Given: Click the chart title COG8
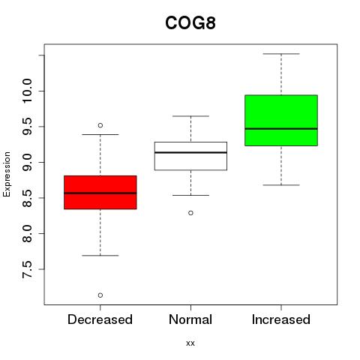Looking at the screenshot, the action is pos(190,22).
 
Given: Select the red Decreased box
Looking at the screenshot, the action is pos(100,192).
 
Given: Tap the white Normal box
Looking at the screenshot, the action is pos(190,156).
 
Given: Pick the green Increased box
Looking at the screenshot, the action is pos(281,120).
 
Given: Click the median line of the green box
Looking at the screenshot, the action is pos(281,129).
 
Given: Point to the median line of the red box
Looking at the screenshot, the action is pos(100,193).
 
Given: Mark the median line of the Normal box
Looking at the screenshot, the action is pos(190,152).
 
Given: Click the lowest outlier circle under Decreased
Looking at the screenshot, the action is pos(100,295).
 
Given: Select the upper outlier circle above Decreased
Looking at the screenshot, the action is pos(100,125).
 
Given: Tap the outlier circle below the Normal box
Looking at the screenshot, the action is pos(190,213).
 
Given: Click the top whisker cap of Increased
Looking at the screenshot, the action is pos(281,54).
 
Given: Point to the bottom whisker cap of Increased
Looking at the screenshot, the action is pos(281,185).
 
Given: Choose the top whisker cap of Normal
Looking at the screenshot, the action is pos(190,116).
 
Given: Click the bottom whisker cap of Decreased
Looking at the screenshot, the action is pos(100,256).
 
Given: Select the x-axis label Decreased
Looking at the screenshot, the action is pos(100,319).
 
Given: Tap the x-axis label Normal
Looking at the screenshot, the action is pos(190,319).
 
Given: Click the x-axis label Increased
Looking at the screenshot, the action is pos(281,319).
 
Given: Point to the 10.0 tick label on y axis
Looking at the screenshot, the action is pos(27,91).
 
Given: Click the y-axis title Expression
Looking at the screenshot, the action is pos(7,174).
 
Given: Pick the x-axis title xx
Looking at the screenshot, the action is pos(190,343).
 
